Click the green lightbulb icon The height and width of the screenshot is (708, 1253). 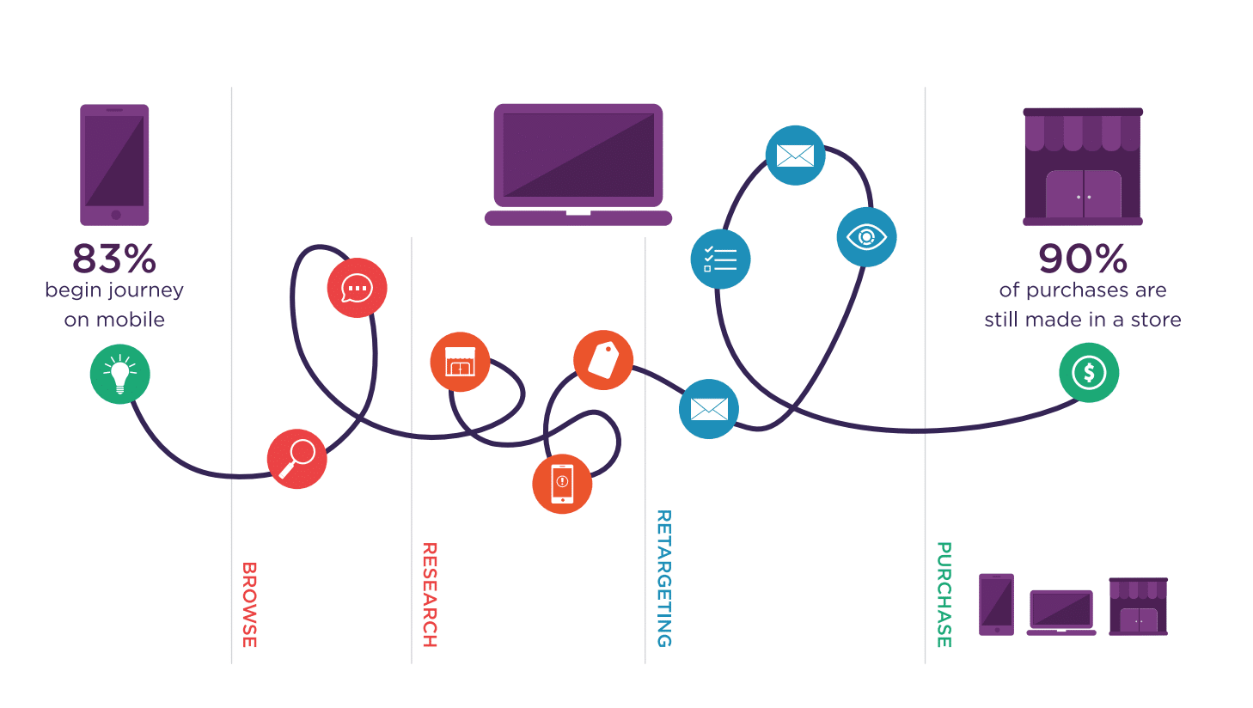pyautogui.click(x=120, y=374)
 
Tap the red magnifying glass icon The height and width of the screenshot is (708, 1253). pyautogui.click(x=297, y=459)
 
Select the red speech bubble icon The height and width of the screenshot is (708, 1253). pyautogui.click(x=357, y=288)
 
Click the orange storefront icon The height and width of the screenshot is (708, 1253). pyautogui.click(x=460, y=362)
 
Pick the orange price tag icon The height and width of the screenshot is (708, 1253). pyautogui.click(x=603, y=359)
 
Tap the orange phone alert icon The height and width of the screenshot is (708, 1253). pyautogui.click(x=562, y=484)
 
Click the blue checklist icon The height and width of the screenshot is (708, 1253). pyautogui.click(x=720, y=259)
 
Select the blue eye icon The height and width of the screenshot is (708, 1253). pyautogui.click(x=866, y=236)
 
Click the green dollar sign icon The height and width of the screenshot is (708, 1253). pyautogui.click(x=1089, y=373)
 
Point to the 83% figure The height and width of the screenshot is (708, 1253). pyautogui.click(x=114, y=258)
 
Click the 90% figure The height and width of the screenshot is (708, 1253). pyautogui.click(x=1083, y=258)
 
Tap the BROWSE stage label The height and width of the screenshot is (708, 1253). pyautogui.click(x=249, y=604)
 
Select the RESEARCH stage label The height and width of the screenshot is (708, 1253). pyautogui.click(x=430, y=595)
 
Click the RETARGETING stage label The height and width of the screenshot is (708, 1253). pyautogui.click(x=663, y=578)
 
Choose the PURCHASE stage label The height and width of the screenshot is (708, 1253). pyautogui.click(x=944, y=595)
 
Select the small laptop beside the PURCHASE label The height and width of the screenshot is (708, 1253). pyautogui.click(x=1061, y=612)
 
